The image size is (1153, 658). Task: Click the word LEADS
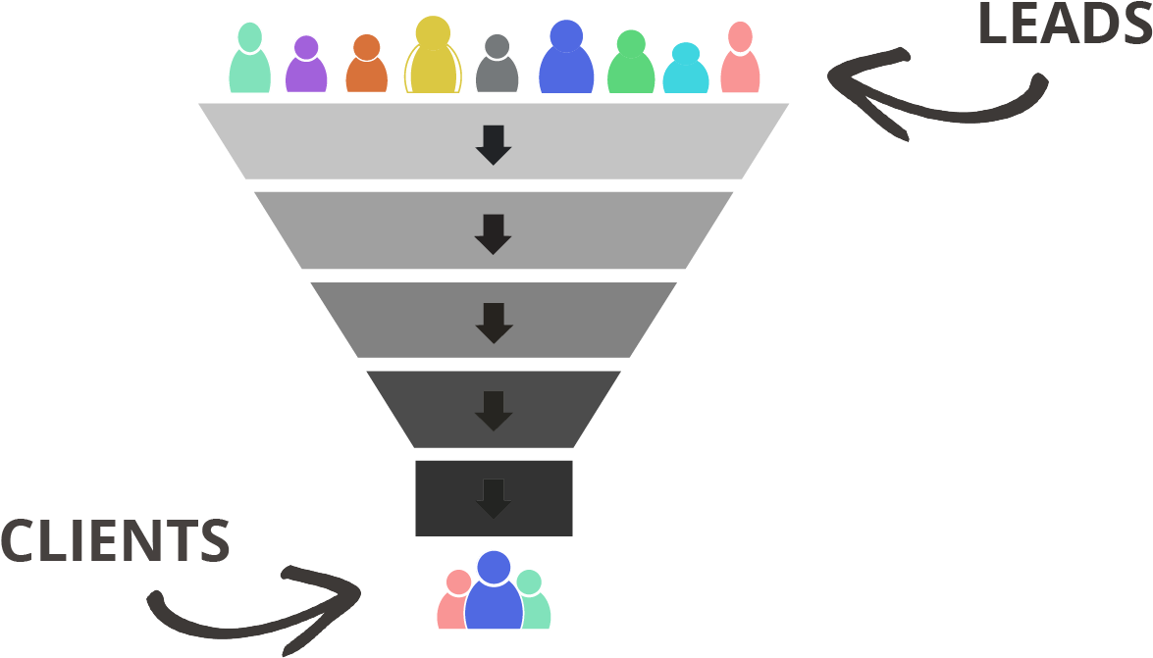coord(1065,25)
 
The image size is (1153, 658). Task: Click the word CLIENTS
coord(115,541)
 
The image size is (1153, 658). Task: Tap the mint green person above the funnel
coord(250,61)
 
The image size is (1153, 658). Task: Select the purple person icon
coord(306,67)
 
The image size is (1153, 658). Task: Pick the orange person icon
coord(366,67)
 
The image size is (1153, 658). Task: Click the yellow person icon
coord(433,59)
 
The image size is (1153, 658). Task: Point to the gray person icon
coord(498,67)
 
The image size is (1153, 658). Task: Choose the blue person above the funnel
coord(566,61)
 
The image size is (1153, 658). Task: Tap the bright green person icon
coord(631,65)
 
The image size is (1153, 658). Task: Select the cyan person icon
coord(686,71)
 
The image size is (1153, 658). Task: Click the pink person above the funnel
coord(740,61)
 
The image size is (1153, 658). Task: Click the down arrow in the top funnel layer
coord(494,143)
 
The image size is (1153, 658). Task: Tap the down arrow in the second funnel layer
coord(494,234)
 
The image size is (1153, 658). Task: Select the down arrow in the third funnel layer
coord(494,323)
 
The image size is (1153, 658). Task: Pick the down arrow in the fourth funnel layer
coord(494,411)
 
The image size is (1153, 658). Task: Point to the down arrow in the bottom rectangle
coord(494,498)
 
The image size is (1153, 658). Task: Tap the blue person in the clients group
coord(494,592)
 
